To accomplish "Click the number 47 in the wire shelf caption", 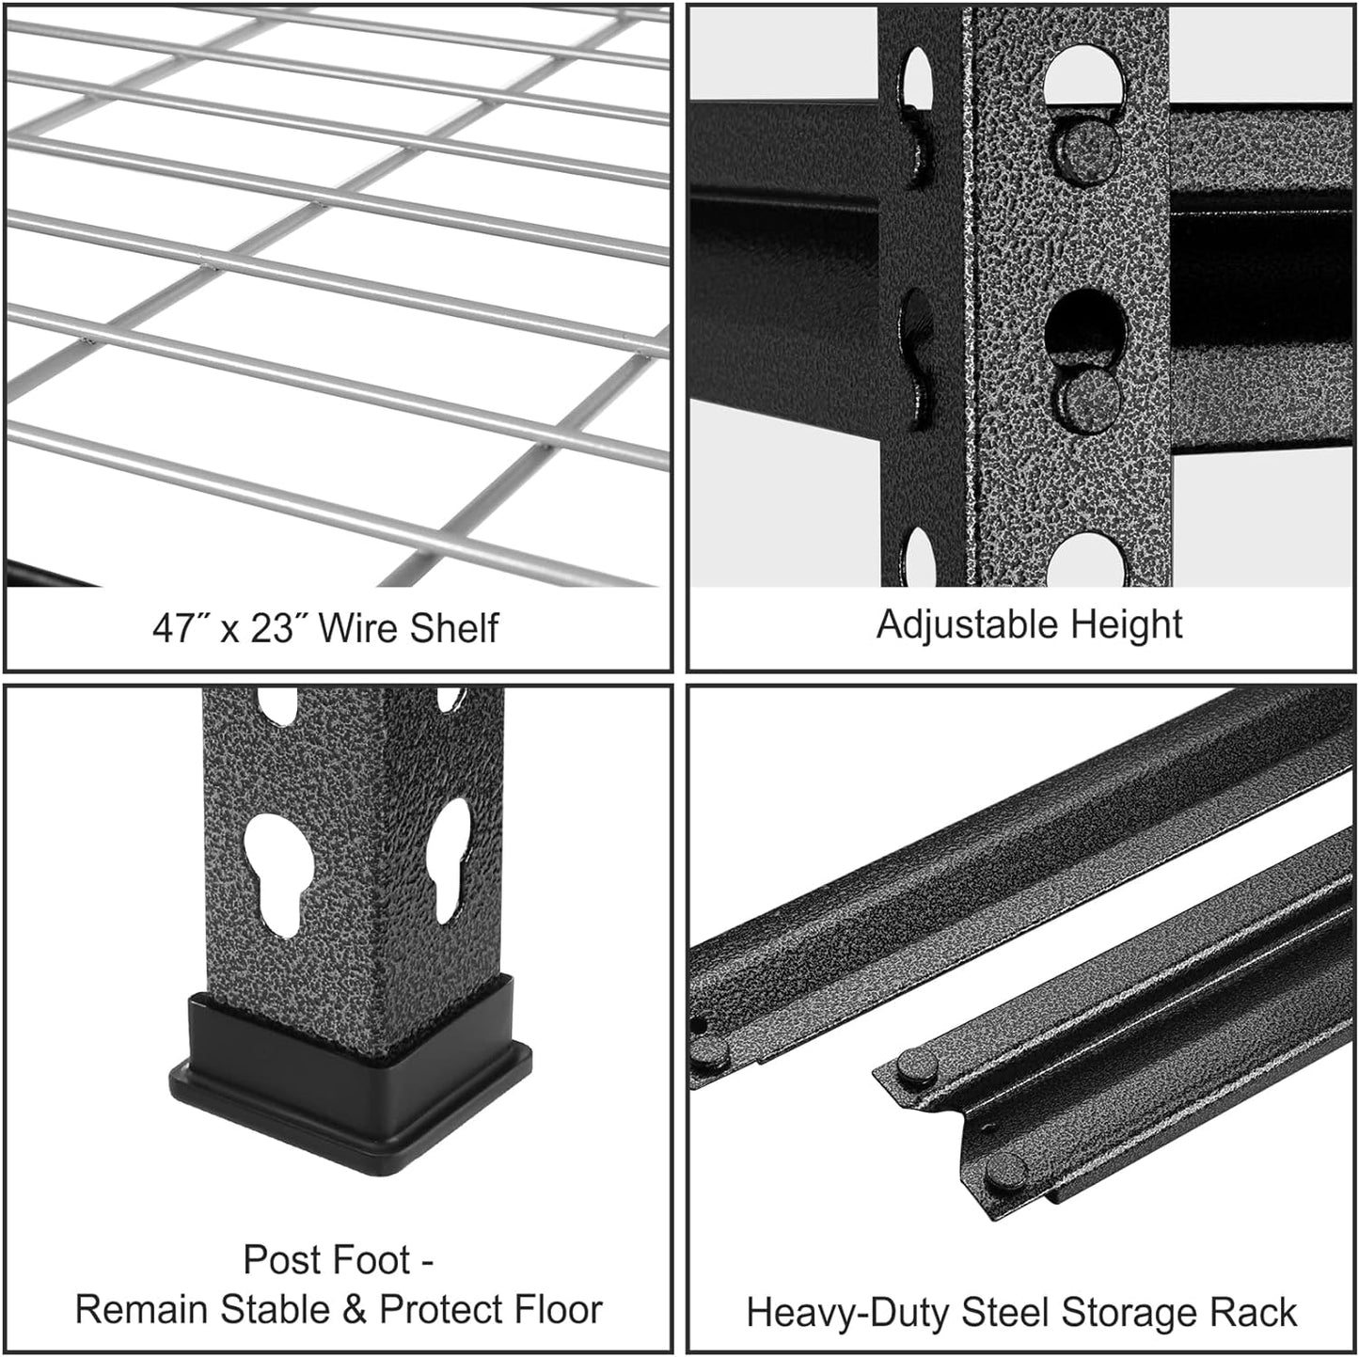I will pos(173,628).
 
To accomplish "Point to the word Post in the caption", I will pos(279,1260).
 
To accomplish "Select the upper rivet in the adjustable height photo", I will pos(1085,148).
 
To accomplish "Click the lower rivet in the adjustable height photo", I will pos(1089,395).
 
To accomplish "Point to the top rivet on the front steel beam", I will pos(915,1066).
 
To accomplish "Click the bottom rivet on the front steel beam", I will pos(1005,1172).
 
